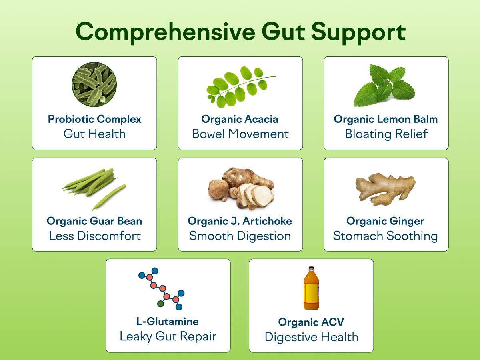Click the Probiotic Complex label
[x=94, y=119]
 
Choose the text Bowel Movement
[x=240, y=134]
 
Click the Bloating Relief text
[x=386, y=134]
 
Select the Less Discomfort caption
[x=94, y=236]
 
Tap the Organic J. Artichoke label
[x=240, y=221]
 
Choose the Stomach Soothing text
[x=386, y=236]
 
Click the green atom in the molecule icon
[x=160, y=304]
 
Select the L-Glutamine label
[x=168, y=322]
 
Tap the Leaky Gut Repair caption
[x=168, y=336]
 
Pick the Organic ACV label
[x=311, y=322]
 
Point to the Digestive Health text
[x=311, y=337]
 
